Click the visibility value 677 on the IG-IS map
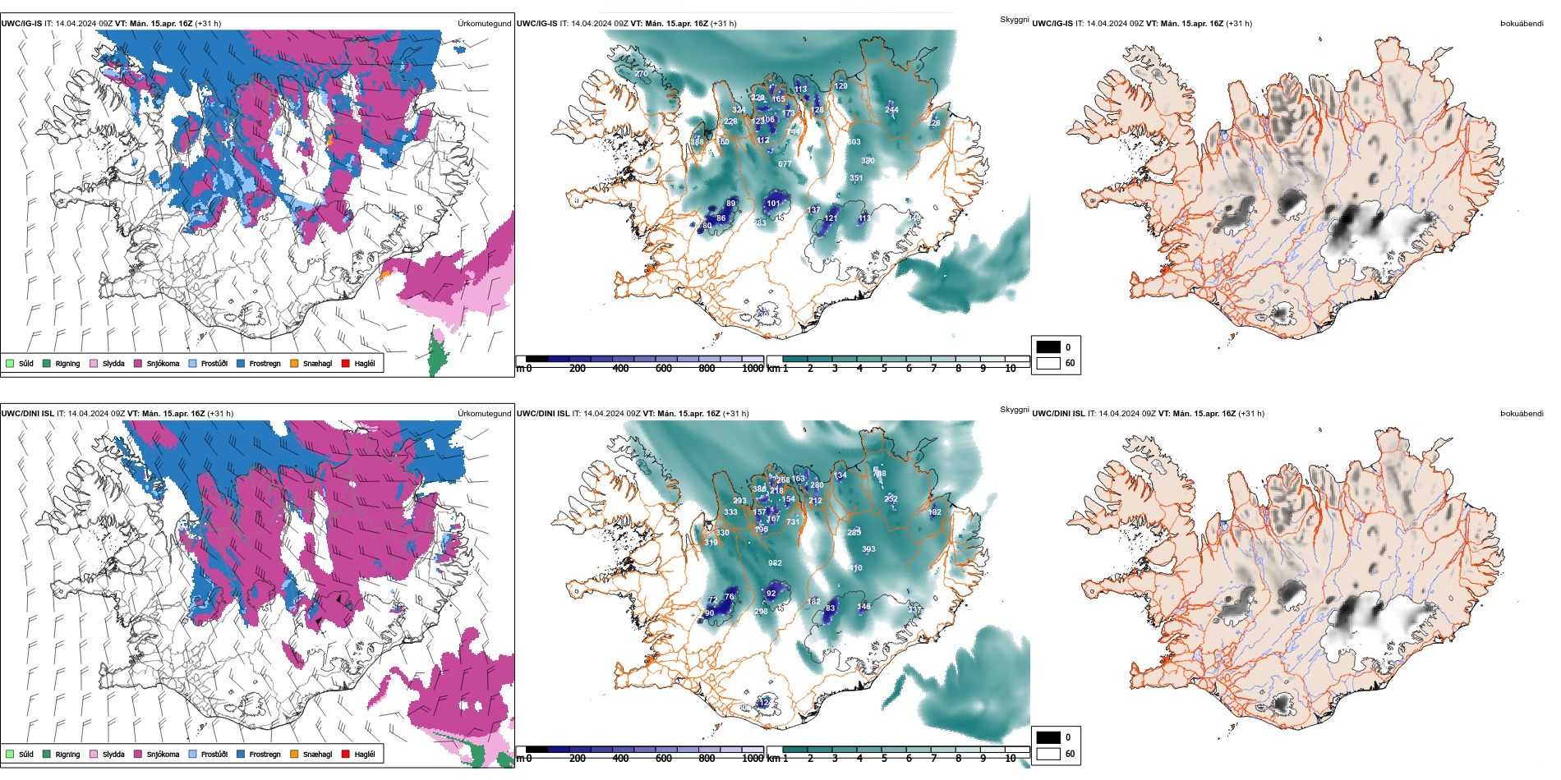tap(785, 164)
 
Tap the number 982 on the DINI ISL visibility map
tap(775, 563)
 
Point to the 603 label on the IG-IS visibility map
tap(854, 142)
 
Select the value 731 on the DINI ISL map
tap(793, 522)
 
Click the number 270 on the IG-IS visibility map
tap(641, 74)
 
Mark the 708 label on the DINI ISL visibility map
tap(879, 474)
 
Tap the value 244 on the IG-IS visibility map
tap(891, 110)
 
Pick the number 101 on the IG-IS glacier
tap(773, 204)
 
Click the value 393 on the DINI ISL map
tap(868, 549)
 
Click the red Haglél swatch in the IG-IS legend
tap(346, 363)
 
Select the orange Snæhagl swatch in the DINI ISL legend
tap(294, 754)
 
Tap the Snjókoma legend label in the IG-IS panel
tap(163, 364)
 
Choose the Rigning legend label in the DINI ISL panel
tap(67, 755)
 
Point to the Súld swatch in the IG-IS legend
tap(10, 363)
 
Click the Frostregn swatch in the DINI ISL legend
tap(241, 754)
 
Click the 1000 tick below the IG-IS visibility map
tap(753, 369)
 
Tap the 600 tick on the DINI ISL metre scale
tap(664, 759)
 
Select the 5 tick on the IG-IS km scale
tap(884, 369)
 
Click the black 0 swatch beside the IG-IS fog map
tap(1048, 346)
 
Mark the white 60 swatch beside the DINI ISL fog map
tap(1048, 754)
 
